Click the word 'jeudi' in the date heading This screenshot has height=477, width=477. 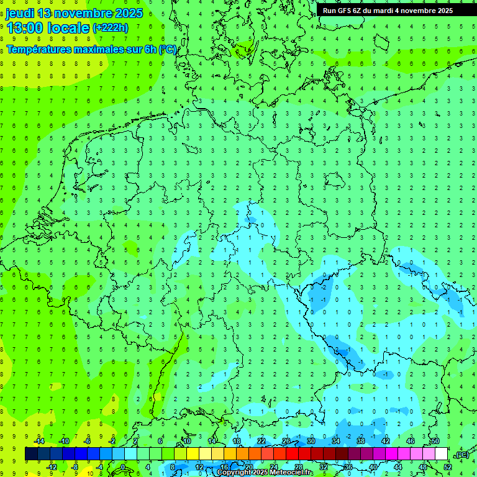pos(19,13)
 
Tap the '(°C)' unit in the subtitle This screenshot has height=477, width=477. pos(168,49)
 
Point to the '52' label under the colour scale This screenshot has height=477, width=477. pos(448,467)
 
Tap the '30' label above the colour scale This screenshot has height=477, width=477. pos(311,441)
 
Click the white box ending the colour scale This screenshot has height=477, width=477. pos(442,454)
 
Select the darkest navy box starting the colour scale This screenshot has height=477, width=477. pos(31,454)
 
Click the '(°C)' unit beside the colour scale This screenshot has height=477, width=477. pos(461,455)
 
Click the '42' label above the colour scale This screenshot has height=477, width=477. pos(385,441)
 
